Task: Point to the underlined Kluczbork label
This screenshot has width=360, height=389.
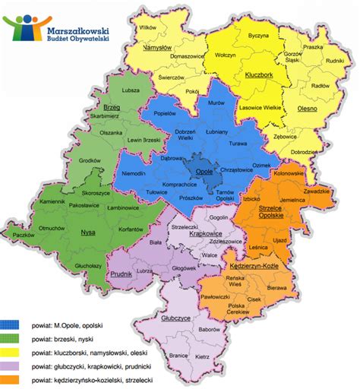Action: point(259,74)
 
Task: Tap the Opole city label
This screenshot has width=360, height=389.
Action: point(204,172)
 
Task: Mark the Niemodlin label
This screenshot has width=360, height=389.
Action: point(134,174)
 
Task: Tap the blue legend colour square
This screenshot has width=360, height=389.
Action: point(11,324)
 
